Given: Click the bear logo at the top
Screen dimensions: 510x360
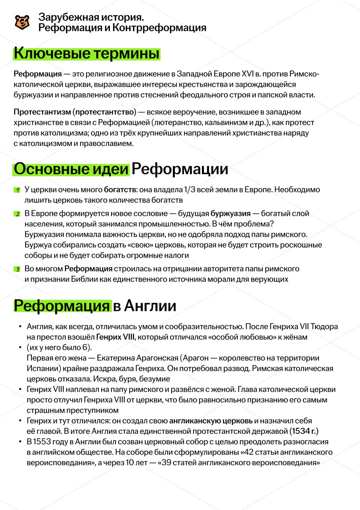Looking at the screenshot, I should (x=22, y=22).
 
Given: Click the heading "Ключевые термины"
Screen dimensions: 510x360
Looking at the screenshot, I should (x=87, y=53).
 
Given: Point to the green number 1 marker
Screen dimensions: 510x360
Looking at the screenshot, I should (x=18, y=190).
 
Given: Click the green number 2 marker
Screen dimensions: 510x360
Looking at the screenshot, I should (x=18, y=214).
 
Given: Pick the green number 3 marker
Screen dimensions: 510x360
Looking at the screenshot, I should (x=18, y=269).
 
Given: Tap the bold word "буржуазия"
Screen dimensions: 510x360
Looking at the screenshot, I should (x=230, y=214).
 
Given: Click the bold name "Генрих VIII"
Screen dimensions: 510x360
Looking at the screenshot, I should (x=115, y=337).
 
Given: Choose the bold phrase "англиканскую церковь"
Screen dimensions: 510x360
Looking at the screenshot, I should (x=211, y=421).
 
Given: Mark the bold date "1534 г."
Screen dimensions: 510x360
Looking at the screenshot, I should (x=304, y=431).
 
